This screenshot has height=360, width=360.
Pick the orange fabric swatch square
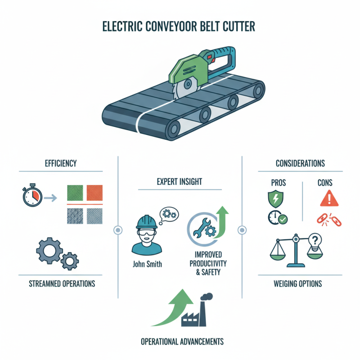coord(94,193)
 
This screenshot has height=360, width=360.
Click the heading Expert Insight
coord(180,182)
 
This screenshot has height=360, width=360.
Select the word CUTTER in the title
coord(234,26)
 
